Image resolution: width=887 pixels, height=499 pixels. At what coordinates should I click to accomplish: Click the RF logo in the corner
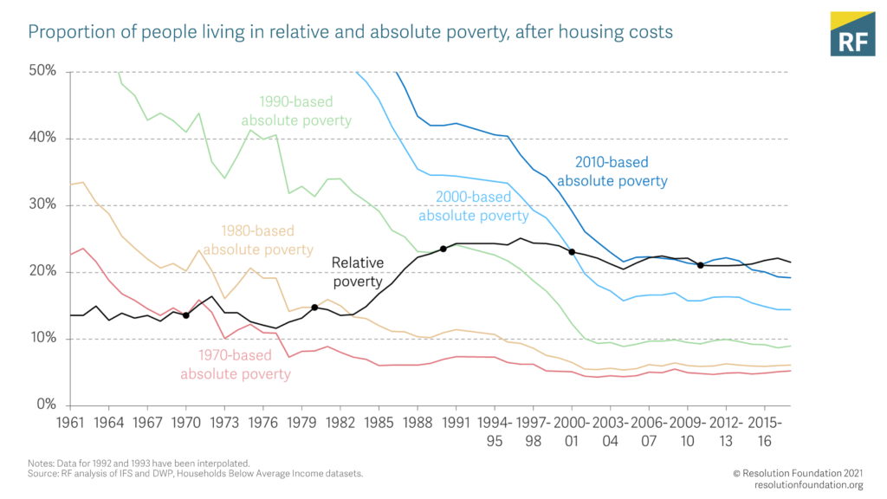tap(852, 34)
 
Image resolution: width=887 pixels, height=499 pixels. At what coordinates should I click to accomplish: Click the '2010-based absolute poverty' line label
tap(612, 172)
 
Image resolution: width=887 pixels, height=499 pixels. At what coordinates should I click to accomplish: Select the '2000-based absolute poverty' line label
tap(473, 206)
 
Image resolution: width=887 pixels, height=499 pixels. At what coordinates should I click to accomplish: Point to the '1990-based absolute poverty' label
tap(297, 111)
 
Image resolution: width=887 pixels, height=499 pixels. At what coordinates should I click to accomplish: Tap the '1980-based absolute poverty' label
tap(258, 240)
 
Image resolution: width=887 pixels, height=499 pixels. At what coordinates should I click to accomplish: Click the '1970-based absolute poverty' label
tap(236, 365)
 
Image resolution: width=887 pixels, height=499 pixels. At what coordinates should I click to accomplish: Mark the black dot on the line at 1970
tap(185, 315)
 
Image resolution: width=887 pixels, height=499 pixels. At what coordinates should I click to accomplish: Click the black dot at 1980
tap(314, 308)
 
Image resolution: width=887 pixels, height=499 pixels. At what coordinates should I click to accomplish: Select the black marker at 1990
tap(443, 249)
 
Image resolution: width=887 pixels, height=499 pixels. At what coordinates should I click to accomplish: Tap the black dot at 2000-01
tap(572, 252)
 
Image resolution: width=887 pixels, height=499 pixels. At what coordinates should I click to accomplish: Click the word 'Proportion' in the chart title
tap(70, 33)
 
